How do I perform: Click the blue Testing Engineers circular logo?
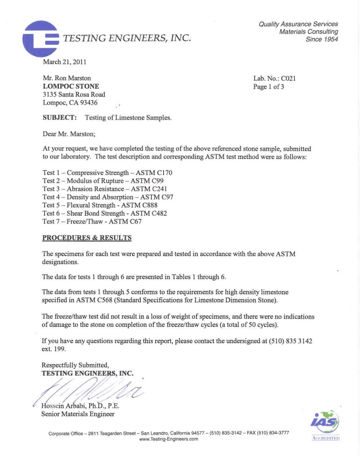(x=41, y=38)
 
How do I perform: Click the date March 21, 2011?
(x=64, y=61)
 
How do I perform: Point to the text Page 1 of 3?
(x=269, y=87)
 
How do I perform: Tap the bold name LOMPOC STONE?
(x=71, y=86)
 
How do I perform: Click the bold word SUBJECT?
(x=60, y=118)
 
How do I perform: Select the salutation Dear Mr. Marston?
(x=68, y=134)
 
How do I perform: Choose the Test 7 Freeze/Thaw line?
(x=92, y=221)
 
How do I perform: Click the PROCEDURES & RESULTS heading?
(x=87, y=238)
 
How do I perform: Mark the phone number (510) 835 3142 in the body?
(x=285, y=341)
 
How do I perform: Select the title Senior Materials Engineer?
(x=78, y=414)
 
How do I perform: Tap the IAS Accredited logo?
(x=325, y=425)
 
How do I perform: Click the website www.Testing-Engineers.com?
(x=169, y=439)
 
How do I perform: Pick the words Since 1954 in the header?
(x=322, y=39)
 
